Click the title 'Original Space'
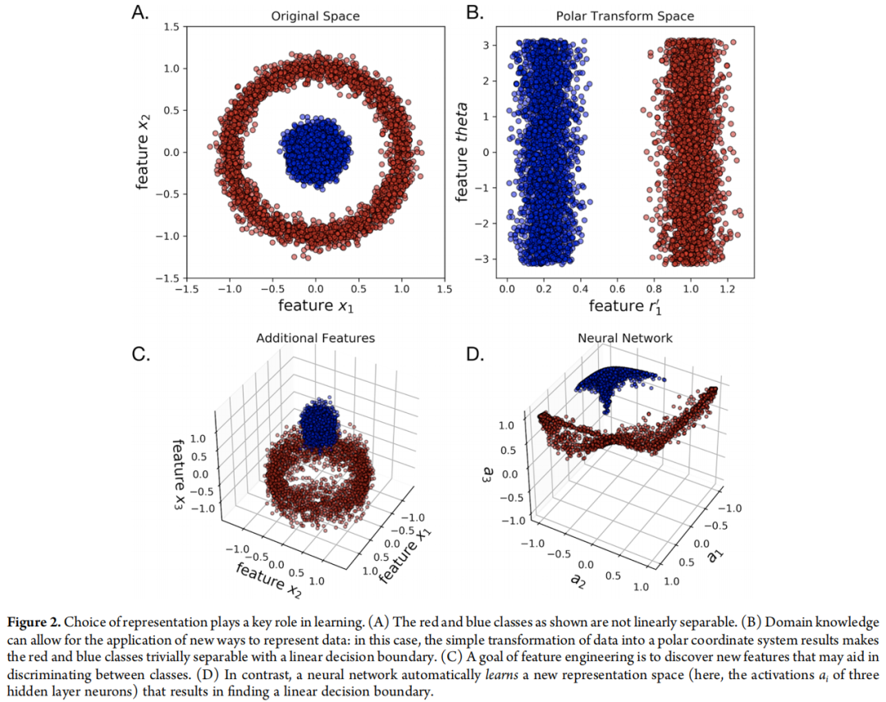pyautogui.click(x=315, y=16)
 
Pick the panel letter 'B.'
pyautogui.click(x=476, y=12)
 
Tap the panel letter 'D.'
pyautogui.click(x=477, y=354)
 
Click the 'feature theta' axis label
pyautogui.click(x=462, y=153)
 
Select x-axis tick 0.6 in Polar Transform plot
pyautogui.click(x=618, y=289)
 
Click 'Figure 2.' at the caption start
pyautogui.click(x=38, y=622)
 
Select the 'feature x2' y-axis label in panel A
pyautogui.click(x=143, y=153)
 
